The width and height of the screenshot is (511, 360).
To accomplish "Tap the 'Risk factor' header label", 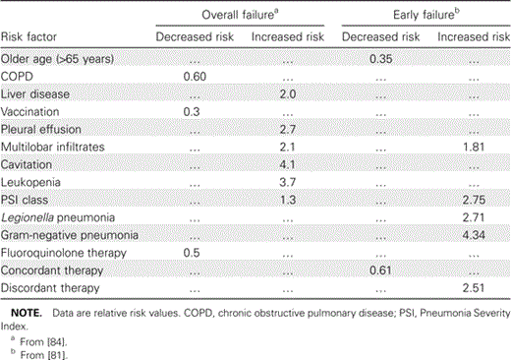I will click(29, 38).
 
